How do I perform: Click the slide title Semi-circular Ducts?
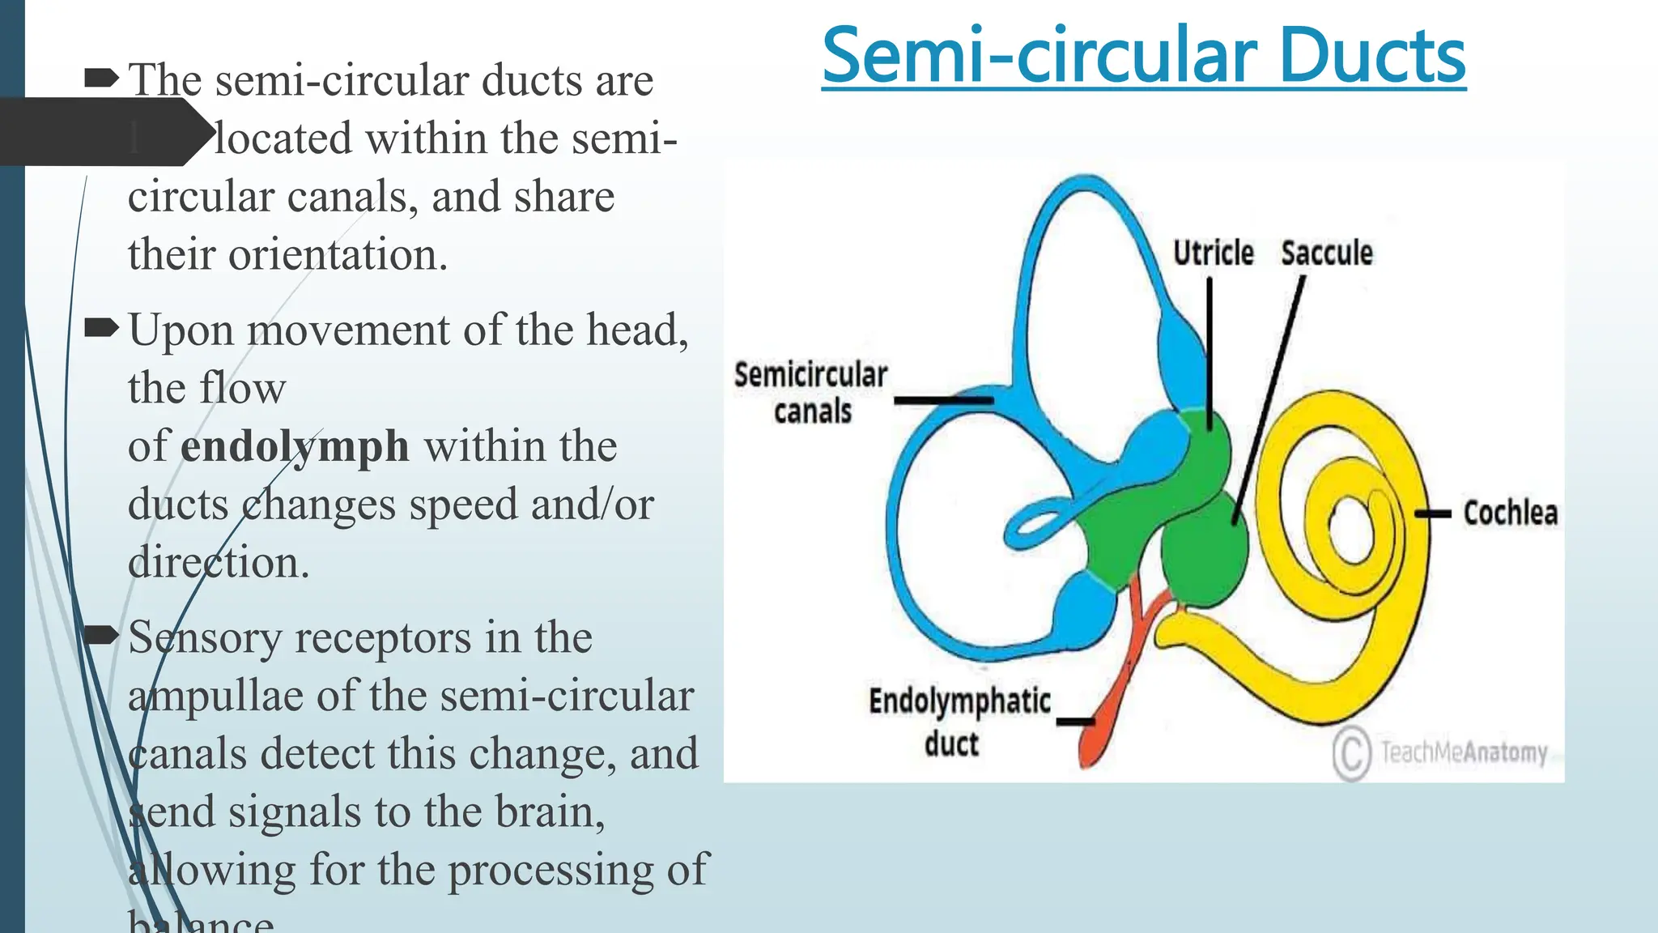1143,56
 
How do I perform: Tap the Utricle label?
1213,253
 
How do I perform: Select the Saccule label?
1326,253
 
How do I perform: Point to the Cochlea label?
1510,513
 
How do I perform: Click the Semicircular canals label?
810,393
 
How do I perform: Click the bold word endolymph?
294,447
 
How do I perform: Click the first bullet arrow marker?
101,79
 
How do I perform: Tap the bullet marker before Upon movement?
101,328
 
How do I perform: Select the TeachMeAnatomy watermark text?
1464,752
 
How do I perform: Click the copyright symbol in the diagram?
1351,753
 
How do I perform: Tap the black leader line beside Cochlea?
1433,513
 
